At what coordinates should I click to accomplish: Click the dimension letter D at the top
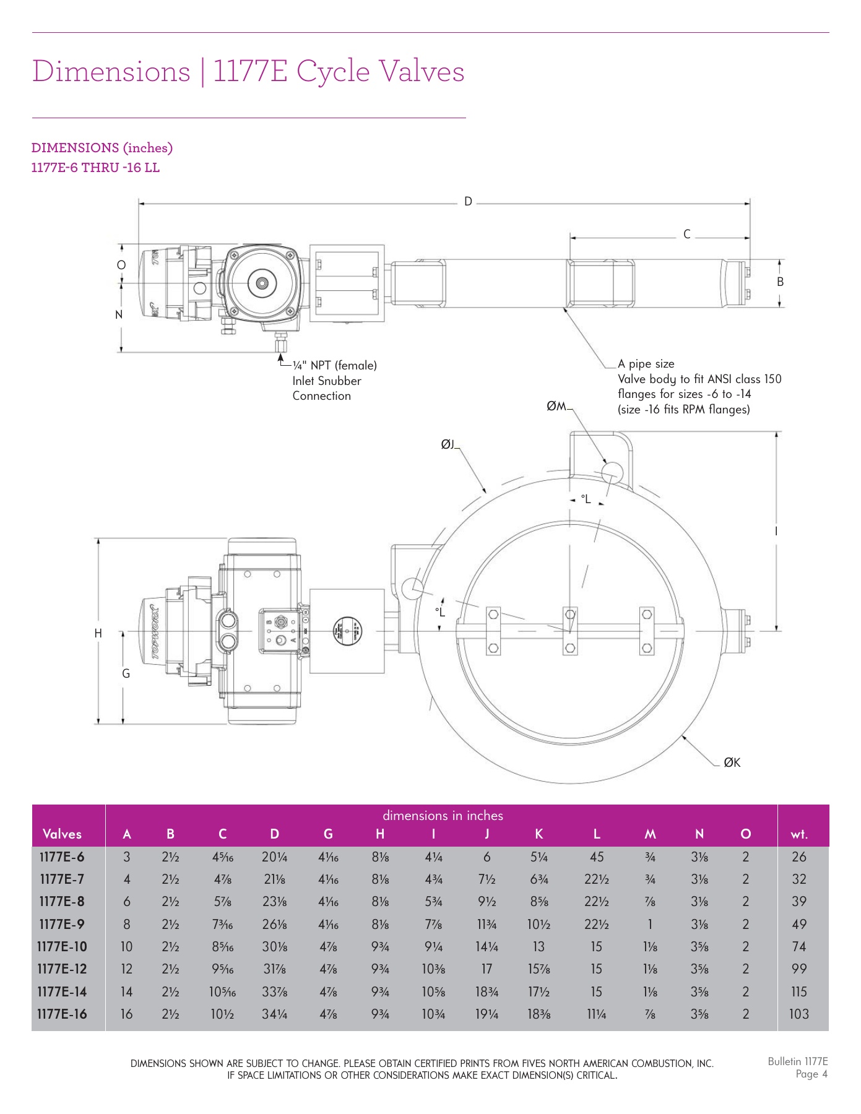point(468,202)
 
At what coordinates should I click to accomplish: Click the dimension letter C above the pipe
point(686,235)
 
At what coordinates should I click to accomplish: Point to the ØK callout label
point(732,762)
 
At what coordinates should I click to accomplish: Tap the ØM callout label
point(556,406)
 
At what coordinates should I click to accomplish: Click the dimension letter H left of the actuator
point(98,633)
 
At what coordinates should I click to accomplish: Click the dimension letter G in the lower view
point(126,673)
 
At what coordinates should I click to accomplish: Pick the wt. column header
point(799,834)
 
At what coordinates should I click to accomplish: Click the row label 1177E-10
point(62,946)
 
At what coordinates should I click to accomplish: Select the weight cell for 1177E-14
point(799,991)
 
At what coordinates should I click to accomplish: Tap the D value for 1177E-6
point(274,857)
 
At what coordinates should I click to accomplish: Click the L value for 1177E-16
point(596,1014)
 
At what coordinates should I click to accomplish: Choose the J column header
point(487,834)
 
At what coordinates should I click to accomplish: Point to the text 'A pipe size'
point(646,364)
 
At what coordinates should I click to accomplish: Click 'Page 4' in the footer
point(811,1074)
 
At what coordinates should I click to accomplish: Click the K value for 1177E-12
point(539,969)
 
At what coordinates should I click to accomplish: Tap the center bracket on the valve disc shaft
point(570,631)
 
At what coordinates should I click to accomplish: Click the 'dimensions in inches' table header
point(443,816)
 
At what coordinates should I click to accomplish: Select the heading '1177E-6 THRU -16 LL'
point(95,168)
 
